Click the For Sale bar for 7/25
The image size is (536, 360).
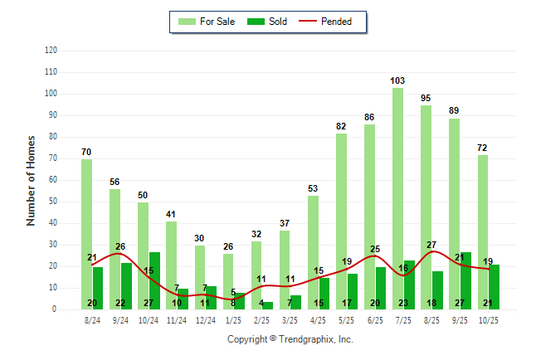398,199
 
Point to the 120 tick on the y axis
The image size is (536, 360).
51,51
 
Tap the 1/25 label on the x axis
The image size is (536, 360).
233,319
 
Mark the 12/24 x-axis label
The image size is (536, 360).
205,319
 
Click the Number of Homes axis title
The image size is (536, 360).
31,180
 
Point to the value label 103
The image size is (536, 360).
398,80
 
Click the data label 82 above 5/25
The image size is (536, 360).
341,126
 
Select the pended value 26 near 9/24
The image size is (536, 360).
120,246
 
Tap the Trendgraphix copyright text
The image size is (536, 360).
290,339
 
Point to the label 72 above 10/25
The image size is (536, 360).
483,148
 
